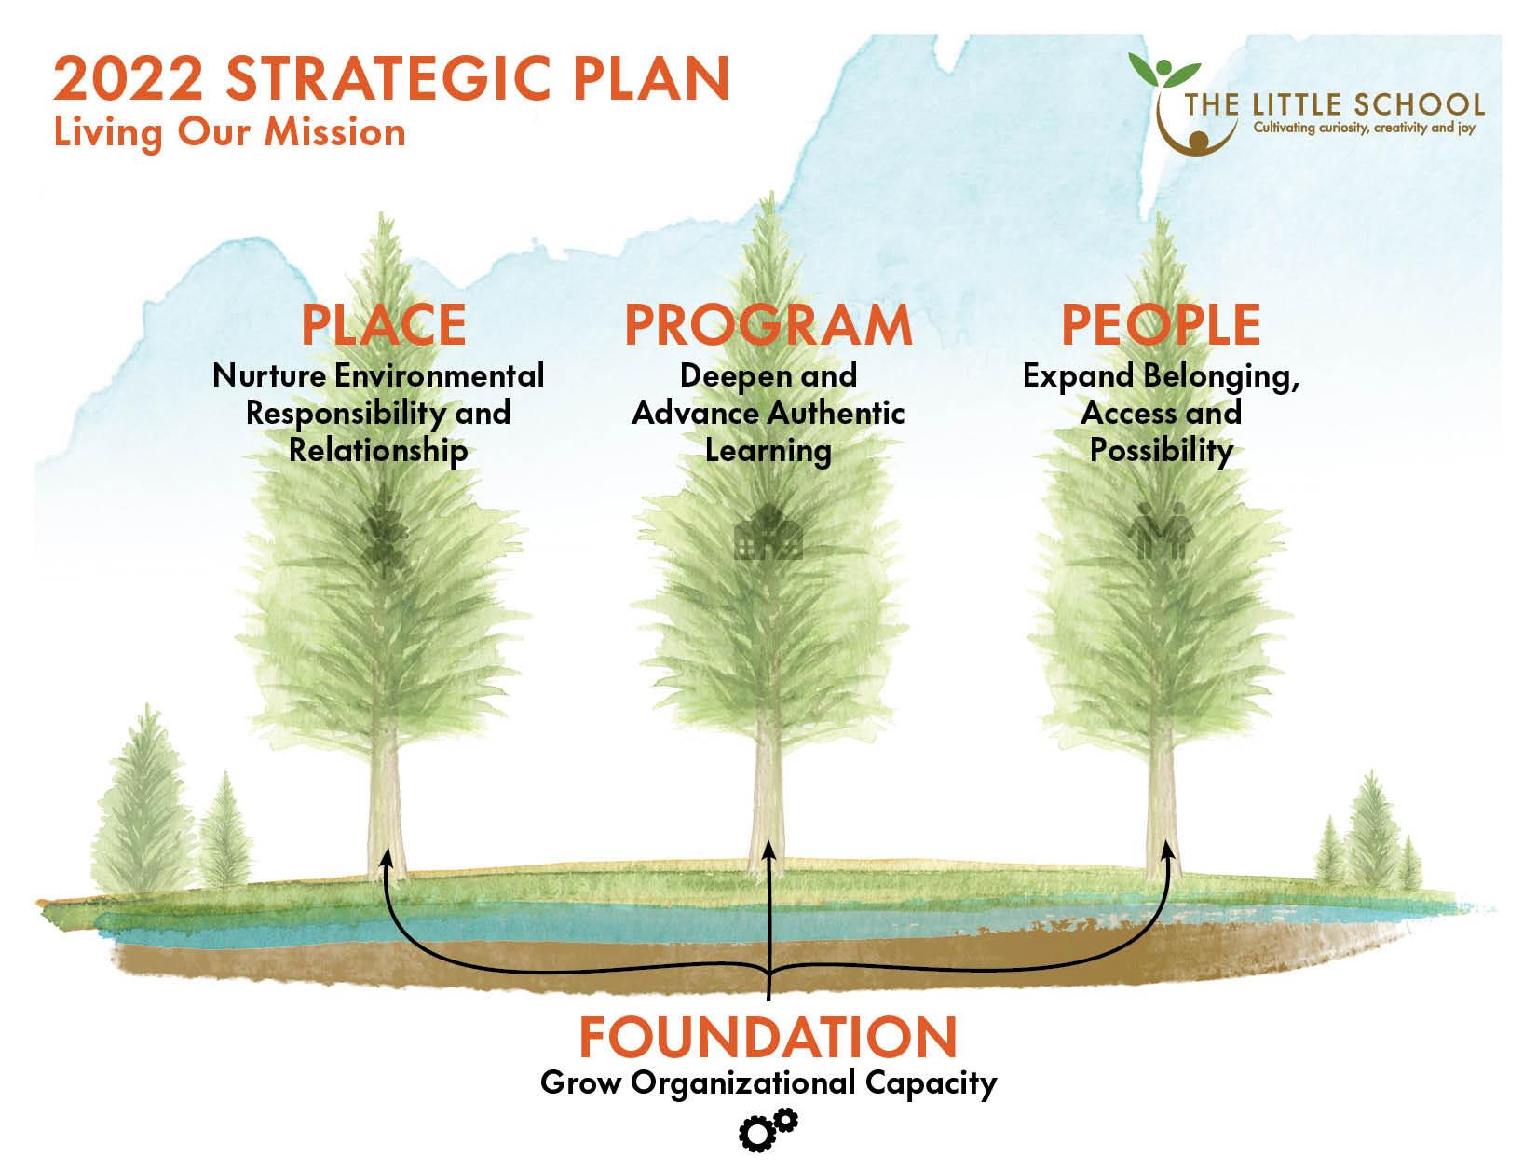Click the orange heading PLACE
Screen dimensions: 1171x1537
tap(383, 324)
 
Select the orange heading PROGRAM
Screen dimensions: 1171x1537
tap(768, 324)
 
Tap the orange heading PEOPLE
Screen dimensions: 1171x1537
tap(1161, 324)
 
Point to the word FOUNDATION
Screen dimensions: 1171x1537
tap(768, 1037)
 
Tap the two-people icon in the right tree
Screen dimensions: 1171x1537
tap(1161, 531)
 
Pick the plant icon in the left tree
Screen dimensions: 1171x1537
tap(383, 531)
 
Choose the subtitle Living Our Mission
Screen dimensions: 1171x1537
tap(230, 131)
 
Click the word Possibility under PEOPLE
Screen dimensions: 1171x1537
tap(1161, 451)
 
